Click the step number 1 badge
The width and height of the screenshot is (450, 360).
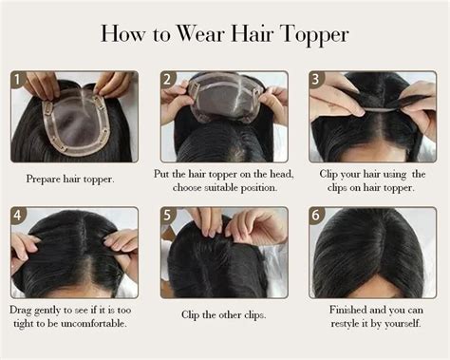(17, 79)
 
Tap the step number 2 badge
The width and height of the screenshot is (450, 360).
(167, 79)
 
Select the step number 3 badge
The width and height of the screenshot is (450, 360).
(315, 79)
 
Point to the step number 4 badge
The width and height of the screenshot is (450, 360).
(17, 215)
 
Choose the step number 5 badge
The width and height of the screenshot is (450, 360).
(167, 215)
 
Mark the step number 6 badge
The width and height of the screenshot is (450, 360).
(315, 215)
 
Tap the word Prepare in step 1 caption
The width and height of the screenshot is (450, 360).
(44, 180)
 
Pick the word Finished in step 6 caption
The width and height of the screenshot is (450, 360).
(347, 310)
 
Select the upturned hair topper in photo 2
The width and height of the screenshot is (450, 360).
(225, 97)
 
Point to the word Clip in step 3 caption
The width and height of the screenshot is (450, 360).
(328, 174)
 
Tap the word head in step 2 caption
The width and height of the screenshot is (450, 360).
(281, 174)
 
